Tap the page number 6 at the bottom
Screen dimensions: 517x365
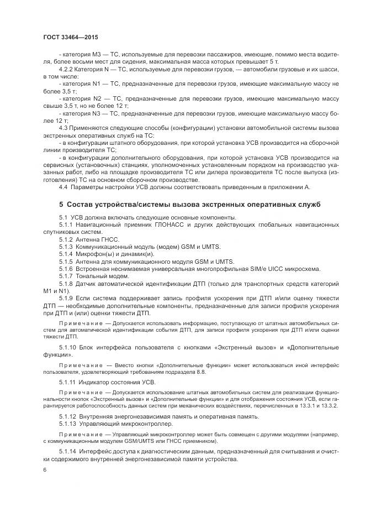(x=45, y=470)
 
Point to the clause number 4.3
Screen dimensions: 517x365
(x=63, y=127)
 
